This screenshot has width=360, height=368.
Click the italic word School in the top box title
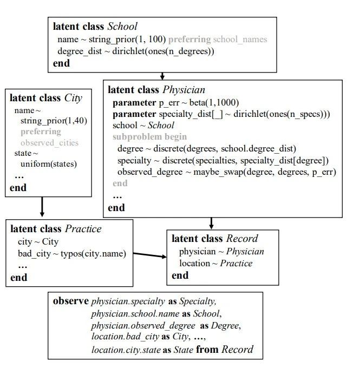pyautogui.click(x=122, y=27)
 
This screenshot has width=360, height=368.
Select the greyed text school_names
pyautogui.click(x=240, y=40)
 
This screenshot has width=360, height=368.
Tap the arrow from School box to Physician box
pyautogui.click(x=162, y=76)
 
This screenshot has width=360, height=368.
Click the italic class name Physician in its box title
pyautogui.click(x=184, y=90)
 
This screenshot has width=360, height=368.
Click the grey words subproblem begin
pyautogui.click(x=149, y=136)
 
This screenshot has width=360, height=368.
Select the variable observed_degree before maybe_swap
pyautogui.click(x=150, y=172)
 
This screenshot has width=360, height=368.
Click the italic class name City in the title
pyautogui.click(x=73, y=98)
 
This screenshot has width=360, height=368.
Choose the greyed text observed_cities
pyautogui.click(x=50, y=143)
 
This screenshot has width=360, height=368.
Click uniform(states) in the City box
pyautogui.click(x=49, y=164)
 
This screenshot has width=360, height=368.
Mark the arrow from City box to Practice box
pyautogui.click(x=42, y=207)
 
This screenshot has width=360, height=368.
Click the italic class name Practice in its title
pyautogui.click(x=83, y=228)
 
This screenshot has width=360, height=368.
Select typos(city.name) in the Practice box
pyautogui.click(x=94, y=254)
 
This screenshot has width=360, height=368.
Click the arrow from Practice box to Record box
pyautogui.click(x=150, y=255)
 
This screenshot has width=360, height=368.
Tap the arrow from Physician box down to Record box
pyautogui.click(x=211, y=223)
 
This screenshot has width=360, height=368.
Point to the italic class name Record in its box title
pyautogui.click(x=242, y=239)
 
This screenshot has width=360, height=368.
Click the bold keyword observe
pyautogui.click(x=71, y=301)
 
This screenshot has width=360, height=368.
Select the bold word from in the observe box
pyautogui.click(x=207, y=350)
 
